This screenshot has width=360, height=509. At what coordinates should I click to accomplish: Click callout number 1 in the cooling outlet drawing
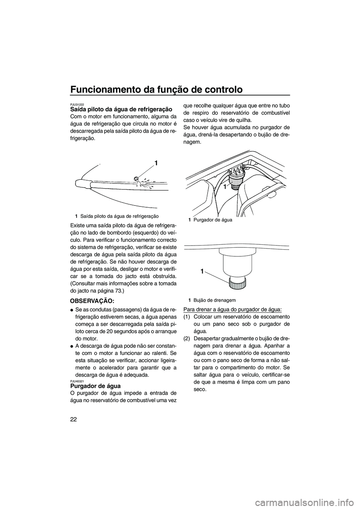(155, 163)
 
